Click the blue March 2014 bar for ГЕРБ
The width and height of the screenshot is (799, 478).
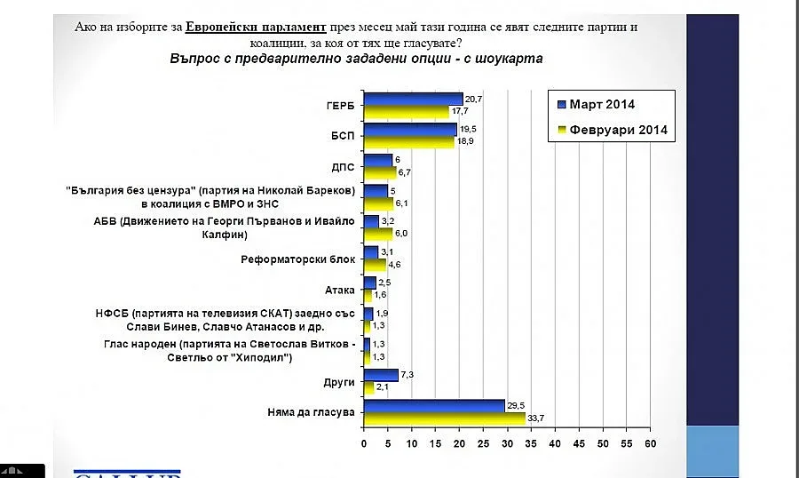pos(413,100)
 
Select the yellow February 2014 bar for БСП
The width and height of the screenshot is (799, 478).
pos(408,142)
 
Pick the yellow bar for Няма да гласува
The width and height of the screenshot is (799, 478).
pos(444,418)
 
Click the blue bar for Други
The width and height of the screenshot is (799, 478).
pos(381,375)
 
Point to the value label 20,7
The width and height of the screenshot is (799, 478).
pos(473,99)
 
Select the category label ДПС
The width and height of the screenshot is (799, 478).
pos(342,166)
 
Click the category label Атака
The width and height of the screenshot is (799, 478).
pos(340,290)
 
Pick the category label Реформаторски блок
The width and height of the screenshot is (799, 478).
pos(298,259)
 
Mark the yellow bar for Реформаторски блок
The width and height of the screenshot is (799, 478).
pos(375,265)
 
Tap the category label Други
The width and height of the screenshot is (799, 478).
pos(340,382)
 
